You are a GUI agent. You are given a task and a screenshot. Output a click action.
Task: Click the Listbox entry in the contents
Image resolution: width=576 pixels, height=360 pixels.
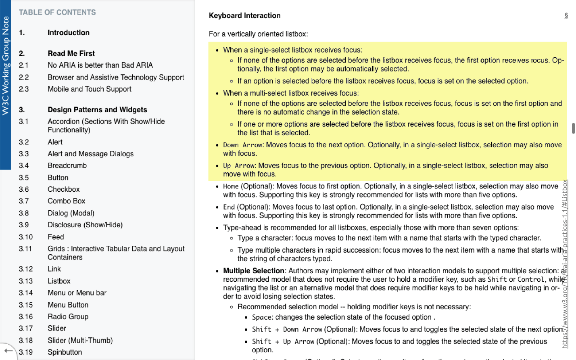click(59, 281)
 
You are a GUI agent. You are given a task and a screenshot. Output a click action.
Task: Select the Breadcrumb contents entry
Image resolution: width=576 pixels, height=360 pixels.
click(67, 165)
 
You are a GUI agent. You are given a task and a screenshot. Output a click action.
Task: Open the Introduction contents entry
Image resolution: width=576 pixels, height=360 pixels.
click(69, 33)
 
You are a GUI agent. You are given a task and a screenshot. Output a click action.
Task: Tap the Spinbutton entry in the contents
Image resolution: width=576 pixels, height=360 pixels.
click(65, 352)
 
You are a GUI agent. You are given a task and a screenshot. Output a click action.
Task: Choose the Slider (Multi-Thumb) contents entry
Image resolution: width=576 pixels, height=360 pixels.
click(80, 340)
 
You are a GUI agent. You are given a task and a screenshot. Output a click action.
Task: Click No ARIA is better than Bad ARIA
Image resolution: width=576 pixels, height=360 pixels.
click(100, 65)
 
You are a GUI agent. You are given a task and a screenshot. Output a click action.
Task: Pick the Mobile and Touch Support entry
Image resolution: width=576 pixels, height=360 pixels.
click(89, 89)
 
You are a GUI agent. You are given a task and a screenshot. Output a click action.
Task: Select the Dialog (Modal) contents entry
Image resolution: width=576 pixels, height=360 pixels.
click(71, 213)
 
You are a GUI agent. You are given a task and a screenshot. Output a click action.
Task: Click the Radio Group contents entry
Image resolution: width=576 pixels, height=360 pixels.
click(68, 316)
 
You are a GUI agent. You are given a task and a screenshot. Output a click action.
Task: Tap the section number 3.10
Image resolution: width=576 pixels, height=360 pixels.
click(26, 237)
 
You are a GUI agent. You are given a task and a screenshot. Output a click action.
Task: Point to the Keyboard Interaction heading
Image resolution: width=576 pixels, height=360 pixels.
click(244, 16)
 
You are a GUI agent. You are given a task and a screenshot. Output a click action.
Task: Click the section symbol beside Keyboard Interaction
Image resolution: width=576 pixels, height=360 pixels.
click(566, 16)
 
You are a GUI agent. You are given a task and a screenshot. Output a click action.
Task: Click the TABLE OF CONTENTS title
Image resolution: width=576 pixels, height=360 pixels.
click(57, 13)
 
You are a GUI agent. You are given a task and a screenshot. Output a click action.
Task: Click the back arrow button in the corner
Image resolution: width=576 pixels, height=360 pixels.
click(8, 350)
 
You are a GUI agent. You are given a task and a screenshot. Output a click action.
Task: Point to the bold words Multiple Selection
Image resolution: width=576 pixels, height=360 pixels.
click(254, 271)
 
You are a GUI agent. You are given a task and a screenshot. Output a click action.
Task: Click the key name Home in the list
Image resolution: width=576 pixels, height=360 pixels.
click(231, 186)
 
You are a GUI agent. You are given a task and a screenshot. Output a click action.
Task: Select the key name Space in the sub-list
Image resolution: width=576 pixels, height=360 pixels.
click(262, 317)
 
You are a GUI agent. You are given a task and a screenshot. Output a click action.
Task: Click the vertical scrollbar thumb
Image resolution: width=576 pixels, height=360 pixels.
click(573, 128)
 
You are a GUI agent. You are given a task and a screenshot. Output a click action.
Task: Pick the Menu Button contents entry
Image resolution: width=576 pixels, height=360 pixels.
click(68, 305)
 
